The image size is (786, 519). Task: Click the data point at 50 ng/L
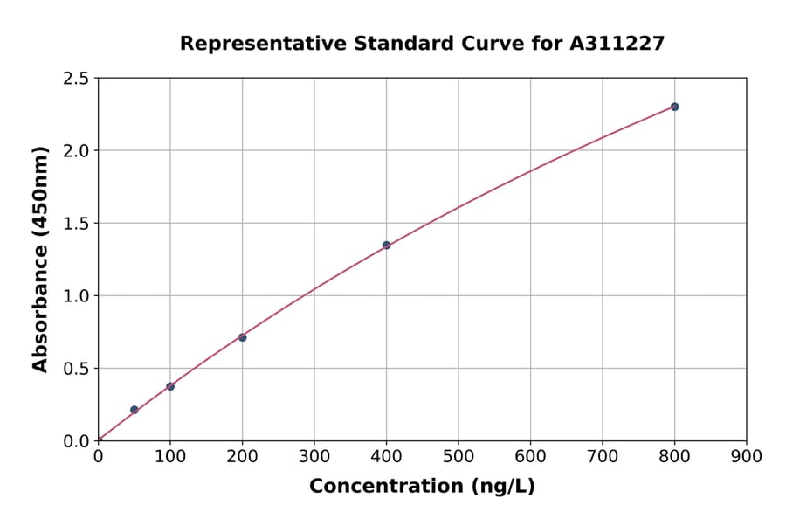pos(134,410)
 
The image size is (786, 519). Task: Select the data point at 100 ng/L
pos(170,386)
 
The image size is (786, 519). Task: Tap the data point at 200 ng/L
pos(242,337)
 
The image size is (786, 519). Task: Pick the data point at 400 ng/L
pos(386,246)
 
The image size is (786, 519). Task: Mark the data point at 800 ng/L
pos(674,107)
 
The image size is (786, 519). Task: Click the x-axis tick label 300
pos(314,456)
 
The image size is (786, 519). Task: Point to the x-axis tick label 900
pos(746,456)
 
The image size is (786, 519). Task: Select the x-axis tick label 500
pos(458,456)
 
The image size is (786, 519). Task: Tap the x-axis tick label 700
pos(603,456)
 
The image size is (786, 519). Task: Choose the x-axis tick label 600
pos(530,456)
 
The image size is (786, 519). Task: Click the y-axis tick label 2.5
pos(76,79)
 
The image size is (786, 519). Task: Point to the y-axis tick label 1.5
pos(76,224)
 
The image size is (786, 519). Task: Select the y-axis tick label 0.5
pos(76,369)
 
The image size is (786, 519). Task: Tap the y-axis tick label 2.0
pos(76,151)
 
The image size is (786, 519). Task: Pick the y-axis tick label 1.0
pos(76,296)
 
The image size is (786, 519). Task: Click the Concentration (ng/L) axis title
pos(422,487)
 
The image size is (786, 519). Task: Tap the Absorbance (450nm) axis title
pos(40,259)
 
